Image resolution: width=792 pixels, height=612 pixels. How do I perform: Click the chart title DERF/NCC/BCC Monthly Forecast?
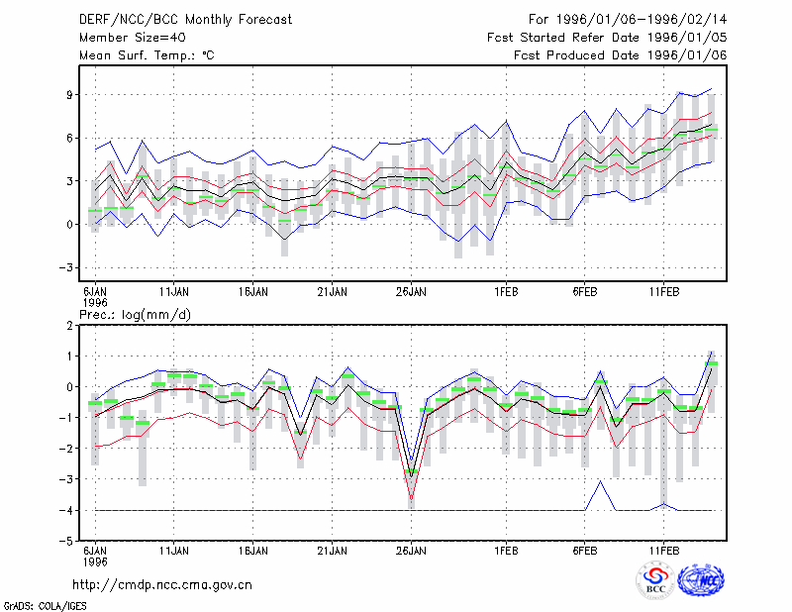point(185,20)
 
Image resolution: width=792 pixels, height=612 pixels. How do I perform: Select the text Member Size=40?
point(133,38)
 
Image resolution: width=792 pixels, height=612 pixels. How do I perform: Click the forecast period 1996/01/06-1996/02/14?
point(628,20)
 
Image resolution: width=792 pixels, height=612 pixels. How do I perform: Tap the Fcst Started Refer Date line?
point(607,38)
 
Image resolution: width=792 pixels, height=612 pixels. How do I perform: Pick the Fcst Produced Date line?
point(621,55)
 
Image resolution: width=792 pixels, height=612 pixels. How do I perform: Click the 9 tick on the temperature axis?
point(69,94)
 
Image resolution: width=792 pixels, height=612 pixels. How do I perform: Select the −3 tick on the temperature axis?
point(66,267)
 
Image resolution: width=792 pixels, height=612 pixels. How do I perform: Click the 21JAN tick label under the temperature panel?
point(332,292)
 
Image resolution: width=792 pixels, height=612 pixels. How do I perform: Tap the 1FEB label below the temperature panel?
point(506,292)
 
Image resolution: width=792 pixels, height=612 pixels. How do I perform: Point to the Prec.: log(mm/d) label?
point(135,315)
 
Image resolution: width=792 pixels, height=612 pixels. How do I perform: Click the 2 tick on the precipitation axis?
point(69,326)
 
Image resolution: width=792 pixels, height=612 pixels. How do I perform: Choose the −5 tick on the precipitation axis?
point(66,541)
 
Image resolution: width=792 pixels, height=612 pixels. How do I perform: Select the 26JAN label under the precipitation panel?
point(411,551)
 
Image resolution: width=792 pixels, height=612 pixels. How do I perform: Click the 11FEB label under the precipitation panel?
point(664,551)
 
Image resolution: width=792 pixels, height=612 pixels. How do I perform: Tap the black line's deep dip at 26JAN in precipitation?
point(411,476)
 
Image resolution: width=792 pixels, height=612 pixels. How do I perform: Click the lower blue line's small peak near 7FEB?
point(601,481)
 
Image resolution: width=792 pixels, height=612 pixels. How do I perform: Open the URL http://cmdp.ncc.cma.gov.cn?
point(162,585)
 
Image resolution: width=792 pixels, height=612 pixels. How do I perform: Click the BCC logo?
point(655,580)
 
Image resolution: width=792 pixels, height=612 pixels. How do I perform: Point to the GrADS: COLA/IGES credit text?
point(45,606)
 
